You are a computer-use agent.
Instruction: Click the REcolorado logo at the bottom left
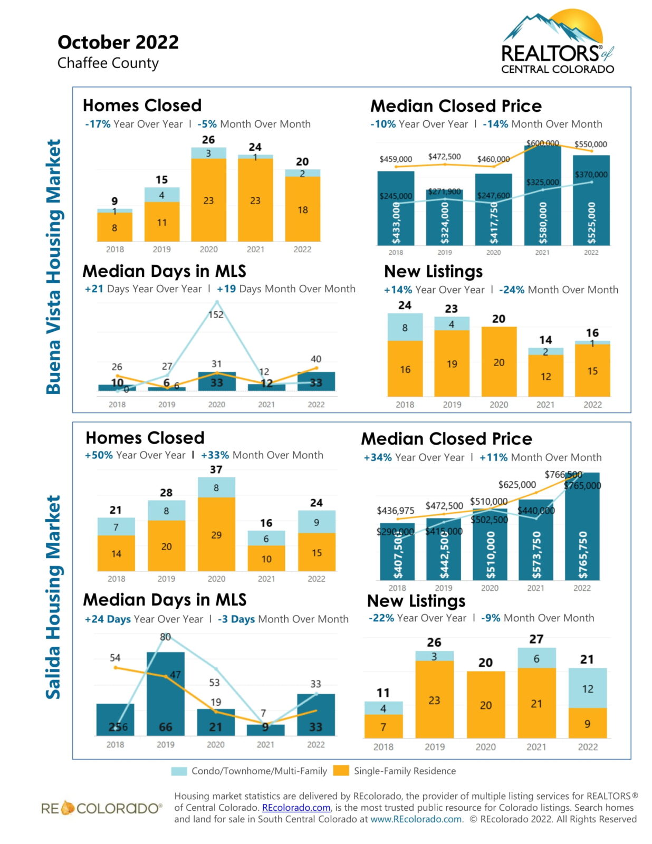pyautogui.click(x=101, y=808)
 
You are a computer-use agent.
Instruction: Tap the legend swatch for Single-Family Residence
pyautogui.click(x=341, y=771)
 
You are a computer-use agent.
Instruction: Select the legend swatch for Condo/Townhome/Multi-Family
pyautogui.click(x=179, y=771)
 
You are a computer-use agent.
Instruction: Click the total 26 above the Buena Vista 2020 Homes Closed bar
pyautogui.click(x=208, y=140)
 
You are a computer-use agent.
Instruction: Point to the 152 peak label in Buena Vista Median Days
pyautogui.click(x=216, y=314)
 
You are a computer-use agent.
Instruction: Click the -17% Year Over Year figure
pyautogui.click(x=98, y=124)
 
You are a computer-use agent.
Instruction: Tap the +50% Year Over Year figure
pyautogui.click(x=99, y=455)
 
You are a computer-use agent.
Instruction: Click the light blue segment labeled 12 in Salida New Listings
pyautogui.click(x=588, y=688)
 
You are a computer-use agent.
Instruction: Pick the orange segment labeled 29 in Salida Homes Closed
pyautogui.click(x=216, y=534)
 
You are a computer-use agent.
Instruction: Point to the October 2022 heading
pyautogui.click(x=118, y=42)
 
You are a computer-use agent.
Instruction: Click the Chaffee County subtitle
pyautogui.click(x=108, y=63)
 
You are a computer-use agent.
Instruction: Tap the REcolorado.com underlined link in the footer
pyautogui.click(x=296, y=808)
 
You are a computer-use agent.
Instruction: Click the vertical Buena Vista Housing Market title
pyautogui.click(x=53, y=266)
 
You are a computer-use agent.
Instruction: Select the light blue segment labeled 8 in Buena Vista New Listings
pyautogui.click(x=405, y=327)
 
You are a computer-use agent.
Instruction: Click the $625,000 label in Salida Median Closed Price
pyautogui.click(x=517, y=484)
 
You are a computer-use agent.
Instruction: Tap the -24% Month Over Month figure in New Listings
pyautogui.click(x=511, y=290)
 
